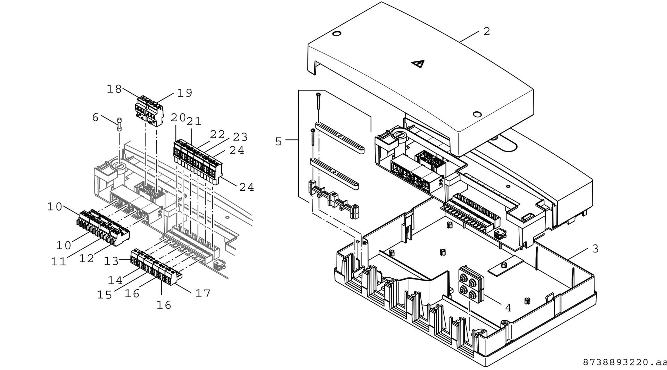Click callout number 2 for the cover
point(487,31)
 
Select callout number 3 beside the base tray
point(595,249)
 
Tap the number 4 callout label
point(508,308)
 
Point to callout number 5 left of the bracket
point(278,141)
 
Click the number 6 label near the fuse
point(95,117)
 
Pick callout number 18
point(114,89)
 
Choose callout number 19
point(184,93)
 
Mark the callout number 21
point(194,121)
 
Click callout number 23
point(240,137)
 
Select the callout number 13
point(112,261)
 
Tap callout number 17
point(203,293)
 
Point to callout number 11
point(59,261)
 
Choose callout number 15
point(104,294)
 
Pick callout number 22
point(217,134)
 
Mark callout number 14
point(115,280)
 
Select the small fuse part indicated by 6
point(120,124)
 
